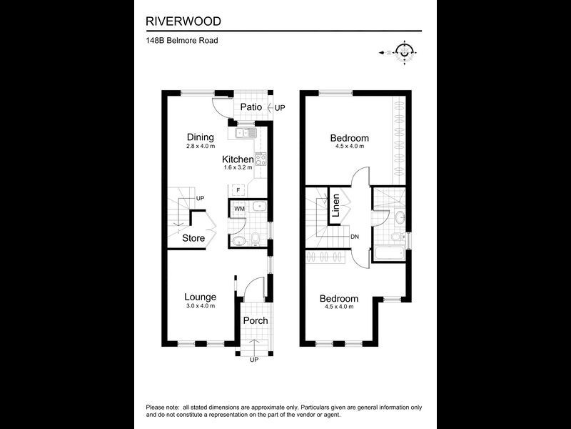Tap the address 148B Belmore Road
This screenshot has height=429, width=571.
[x=181, y=41]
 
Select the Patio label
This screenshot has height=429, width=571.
[x=251, y=107]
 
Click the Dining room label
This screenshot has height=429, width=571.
[x=200, y=137]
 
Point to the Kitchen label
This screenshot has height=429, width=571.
[x=237, y=159]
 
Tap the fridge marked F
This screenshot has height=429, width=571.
[x=238, y=190]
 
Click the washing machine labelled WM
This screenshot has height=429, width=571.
[x=239, y=208]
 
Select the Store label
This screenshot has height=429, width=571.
[x=193, y=238]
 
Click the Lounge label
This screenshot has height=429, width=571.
[x=200, y=297]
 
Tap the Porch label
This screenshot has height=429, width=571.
[x=256, y=320]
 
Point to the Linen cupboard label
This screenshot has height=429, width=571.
[x=335, y=206]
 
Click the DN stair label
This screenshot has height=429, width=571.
[x=355, y=237]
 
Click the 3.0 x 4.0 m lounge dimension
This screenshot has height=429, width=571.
[x=200, y=306]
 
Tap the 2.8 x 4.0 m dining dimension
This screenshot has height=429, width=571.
[x=200, y=146]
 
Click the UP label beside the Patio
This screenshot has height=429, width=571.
[x=280, y=108]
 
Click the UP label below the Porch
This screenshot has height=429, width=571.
[x=254, y=359]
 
